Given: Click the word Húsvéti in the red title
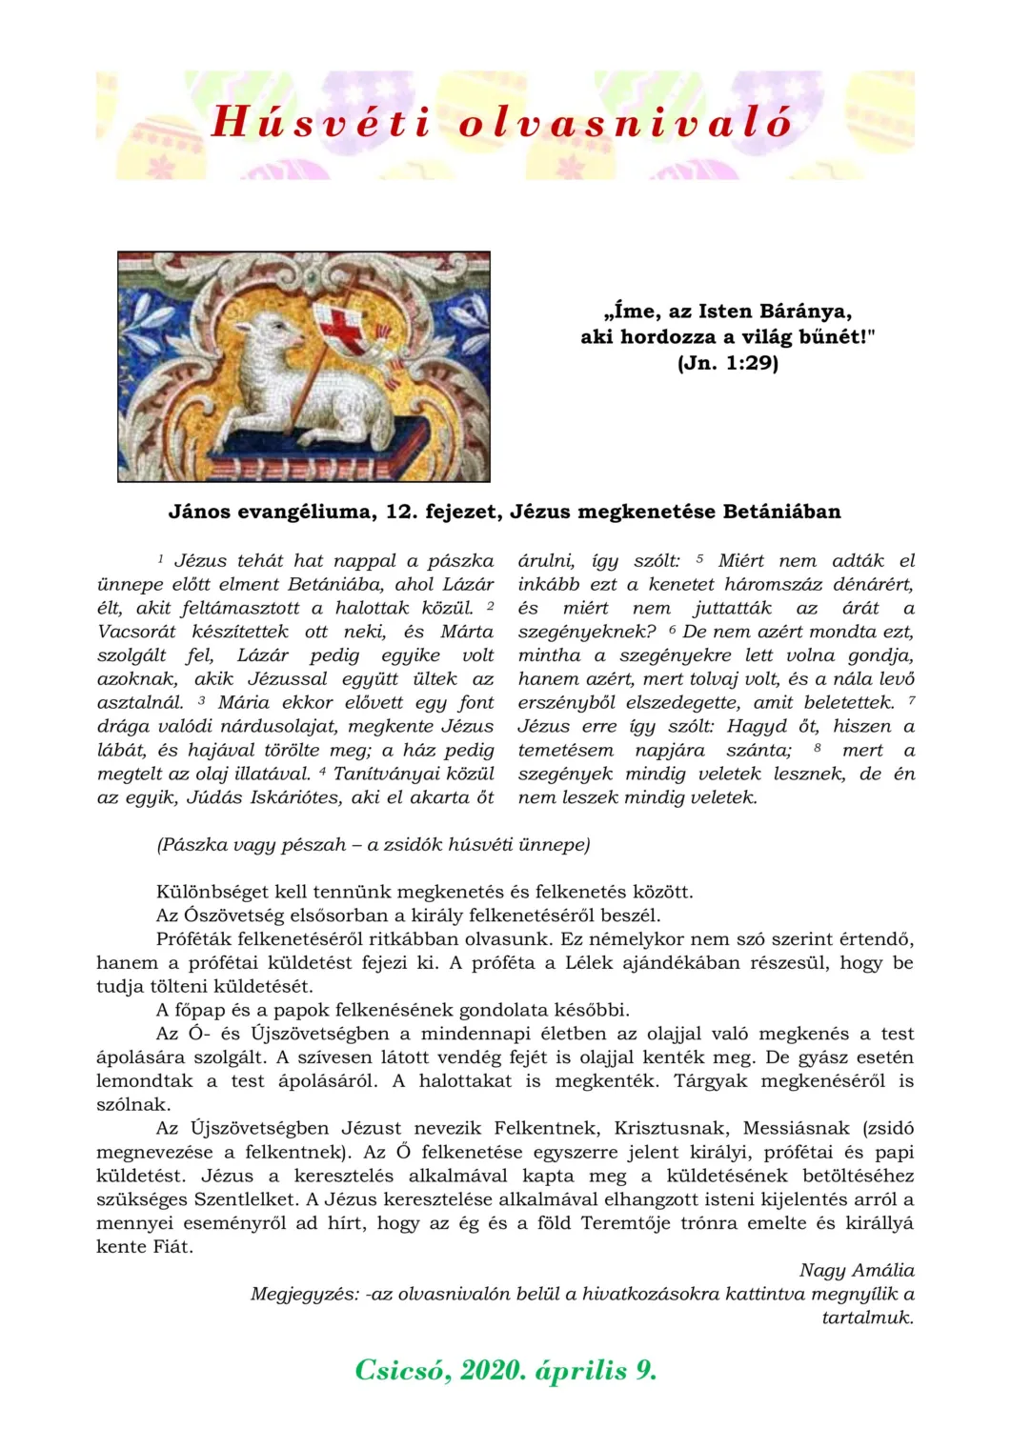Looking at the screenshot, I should click(320, 122).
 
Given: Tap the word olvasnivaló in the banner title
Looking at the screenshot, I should click(625, 122).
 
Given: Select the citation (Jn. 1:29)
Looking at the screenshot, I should click(728, 363).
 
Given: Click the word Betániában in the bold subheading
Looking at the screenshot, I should click(781, 512).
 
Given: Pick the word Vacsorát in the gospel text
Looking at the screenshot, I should click(136, 632).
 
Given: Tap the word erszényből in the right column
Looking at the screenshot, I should click(568, 703).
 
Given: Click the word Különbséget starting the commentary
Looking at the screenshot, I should click(212, 893).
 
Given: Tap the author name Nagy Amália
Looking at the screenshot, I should click(857, 1270).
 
